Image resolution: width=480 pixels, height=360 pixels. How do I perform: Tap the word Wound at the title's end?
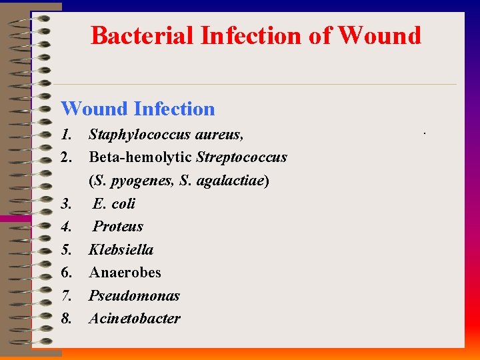point(380,35)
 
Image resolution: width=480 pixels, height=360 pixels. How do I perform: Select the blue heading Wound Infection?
point(138,109)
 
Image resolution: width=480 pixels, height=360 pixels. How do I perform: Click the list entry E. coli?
point(114,203)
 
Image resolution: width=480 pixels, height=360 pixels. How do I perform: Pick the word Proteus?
point(118,226)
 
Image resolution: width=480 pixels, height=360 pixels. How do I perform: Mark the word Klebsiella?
point(121,249)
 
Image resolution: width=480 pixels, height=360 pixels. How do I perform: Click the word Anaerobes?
point(125,272)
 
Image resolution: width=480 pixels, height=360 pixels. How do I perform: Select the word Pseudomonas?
point(135,295)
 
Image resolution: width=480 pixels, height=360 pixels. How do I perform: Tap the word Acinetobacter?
point(135,318)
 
